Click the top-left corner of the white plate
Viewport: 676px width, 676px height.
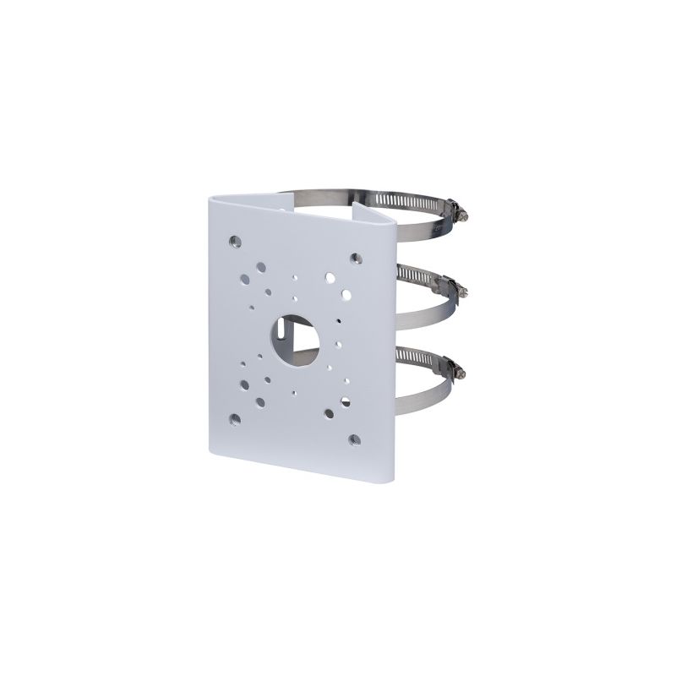tap(210, 196)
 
